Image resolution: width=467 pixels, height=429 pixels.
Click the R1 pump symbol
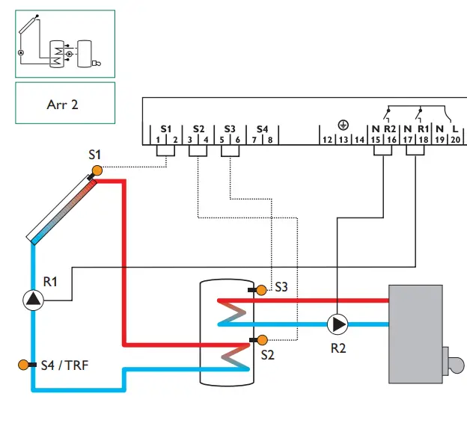coord(34,300)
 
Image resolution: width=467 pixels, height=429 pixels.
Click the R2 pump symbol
coord(338,324)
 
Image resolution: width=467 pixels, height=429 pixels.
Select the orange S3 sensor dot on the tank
coord(261,289)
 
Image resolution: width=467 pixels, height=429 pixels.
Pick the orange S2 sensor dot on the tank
coord(261,341)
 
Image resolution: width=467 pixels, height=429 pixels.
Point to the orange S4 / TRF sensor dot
coord(23,365)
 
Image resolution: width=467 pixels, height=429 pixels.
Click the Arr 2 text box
coord(65,103)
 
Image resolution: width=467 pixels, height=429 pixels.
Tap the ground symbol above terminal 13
coord(343,126)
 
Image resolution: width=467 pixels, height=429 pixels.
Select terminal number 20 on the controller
coord(455,140)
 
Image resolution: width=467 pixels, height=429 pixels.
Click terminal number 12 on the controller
coord(327,140)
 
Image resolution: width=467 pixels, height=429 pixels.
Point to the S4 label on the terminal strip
coord(262,129)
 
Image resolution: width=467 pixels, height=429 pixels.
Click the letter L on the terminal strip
coord(455,129)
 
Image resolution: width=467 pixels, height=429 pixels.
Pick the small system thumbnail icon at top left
coord(65,43)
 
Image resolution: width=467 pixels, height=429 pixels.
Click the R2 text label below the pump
coord(339,348)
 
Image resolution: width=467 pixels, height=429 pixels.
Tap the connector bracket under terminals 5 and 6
coord(231,150)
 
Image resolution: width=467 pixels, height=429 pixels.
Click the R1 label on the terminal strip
coord(423,129)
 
